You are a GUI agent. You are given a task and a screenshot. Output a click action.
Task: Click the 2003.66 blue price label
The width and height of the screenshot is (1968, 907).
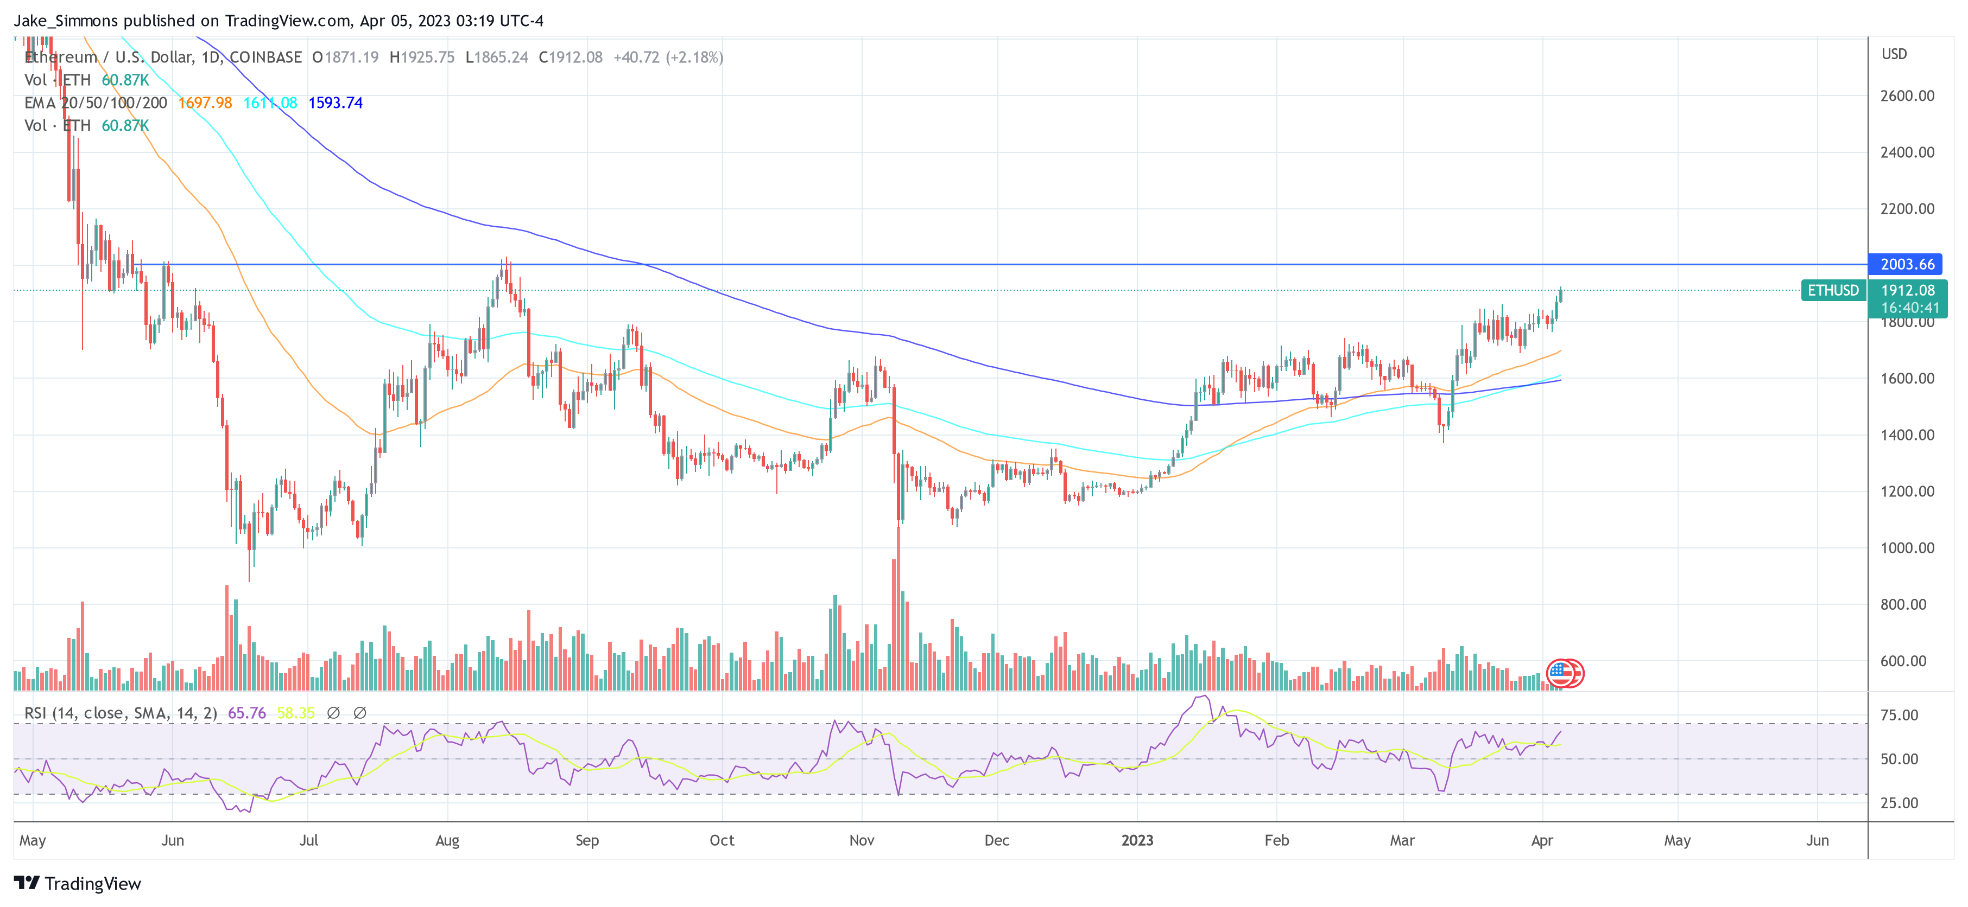pos(1906,264)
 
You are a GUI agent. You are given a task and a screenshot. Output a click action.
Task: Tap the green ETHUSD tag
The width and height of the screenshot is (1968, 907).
pos(1833,290)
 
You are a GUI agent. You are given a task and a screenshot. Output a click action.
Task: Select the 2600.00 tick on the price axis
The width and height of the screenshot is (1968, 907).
pos(1907,95)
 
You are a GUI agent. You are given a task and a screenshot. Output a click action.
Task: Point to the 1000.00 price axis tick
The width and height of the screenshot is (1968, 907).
pos(1907,547)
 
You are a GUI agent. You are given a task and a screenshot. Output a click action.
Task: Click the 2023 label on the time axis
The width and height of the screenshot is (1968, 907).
pos(1137,840)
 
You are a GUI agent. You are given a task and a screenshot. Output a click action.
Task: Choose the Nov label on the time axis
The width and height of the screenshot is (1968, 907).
pos(861,840)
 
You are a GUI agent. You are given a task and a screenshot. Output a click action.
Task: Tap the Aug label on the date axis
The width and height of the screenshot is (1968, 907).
pos(447,840)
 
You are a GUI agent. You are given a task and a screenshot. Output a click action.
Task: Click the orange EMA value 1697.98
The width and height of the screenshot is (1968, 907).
pos(205,103)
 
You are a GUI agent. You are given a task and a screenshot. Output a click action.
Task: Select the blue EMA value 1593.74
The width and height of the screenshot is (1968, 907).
pos(336,103)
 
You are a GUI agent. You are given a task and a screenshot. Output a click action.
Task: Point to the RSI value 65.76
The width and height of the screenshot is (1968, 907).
pos(247,712)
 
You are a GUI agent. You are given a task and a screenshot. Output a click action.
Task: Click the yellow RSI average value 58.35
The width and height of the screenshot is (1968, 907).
pos(296,712)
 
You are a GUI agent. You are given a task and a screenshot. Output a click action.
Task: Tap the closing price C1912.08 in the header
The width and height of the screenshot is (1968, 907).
pos(571,58)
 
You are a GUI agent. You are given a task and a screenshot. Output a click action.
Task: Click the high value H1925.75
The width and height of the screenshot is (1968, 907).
pos(422,58)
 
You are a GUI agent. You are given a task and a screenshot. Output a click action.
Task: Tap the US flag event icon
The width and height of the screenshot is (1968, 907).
pos(1561,673)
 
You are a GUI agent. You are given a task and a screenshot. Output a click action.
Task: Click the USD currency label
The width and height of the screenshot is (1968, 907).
pos(1894,54)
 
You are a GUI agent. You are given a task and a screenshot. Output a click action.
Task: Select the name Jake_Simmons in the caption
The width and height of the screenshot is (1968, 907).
pos(66,21)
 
